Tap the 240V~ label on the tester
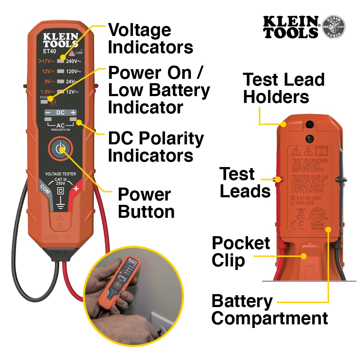click(73, 62)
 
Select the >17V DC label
click(47, 62)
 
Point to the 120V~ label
click(73, 72)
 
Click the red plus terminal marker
click(76, 189)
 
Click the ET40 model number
click(49, 52)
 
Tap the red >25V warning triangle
click(72, 53)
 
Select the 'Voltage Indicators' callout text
click(150, 39)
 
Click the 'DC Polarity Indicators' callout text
click(156, 147)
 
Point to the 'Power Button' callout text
click(146, 203)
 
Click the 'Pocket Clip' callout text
click(240, 252)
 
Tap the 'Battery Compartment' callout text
click(269, 310)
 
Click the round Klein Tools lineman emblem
click(333, 27)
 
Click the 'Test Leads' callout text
click(245, 183)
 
